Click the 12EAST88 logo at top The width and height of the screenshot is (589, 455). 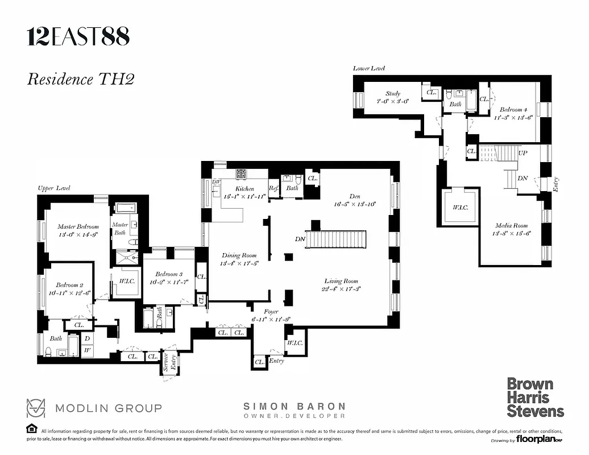tap(78, 37)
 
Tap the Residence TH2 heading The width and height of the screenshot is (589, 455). tap(80, 78)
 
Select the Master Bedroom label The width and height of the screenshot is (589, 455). tap(78, 227)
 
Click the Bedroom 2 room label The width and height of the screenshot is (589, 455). tap(69, 286)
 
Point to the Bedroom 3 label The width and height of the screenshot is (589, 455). tap(169, 275)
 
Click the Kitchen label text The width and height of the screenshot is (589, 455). tap(244, 189)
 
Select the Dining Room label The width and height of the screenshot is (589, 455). tap(239, 256)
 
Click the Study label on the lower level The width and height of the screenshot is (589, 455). tap(393, 94)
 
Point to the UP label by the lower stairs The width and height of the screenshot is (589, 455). tap(523, 153)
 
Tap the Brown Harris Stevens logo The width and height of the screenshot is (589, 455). tap(535, 398)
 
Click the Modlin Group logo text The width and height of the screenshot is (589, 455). tap(108, 408)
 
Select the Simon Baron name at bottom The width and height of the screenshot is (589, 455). tap(294, 407)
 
